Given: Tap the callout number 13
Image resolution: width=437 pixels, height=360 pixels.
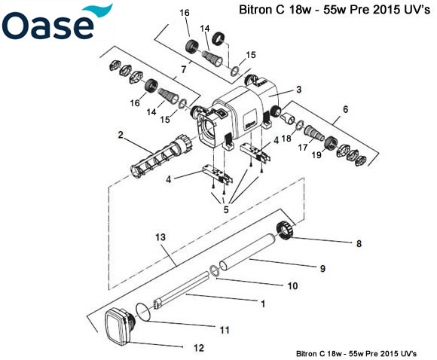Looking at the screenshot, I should [x=160, y=237].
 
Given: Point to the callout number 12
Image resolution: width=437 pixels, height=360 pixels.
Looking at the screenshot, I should [x=199, y=348].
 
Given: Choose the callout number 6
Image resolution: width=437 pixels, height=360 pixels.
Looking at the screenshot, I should [x=346, y=109].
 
